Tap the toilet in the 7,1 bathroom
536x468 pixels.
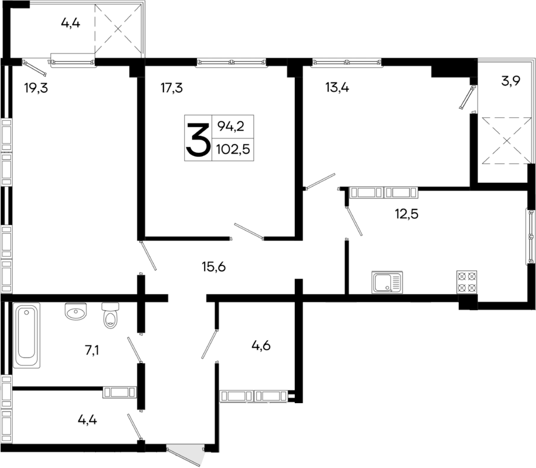coord(110,316)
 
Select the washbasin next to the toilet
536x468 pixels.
coord(76,313)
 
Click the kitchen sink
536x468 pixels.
coord(387,283)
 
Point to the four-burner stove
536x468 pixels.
coord(466,282)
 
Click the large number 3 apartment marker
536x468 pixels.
coord(197,138)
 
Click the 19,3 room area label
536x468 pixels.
coord(36,87)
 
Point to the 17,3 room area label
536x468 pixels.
coord(172,87)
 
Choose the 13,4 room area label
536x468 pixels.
coord(337,87)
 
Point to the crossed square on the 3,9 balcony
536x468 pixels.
coord(506,140)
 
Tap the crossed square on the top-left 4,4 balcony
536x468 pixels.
coord(119,28)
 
